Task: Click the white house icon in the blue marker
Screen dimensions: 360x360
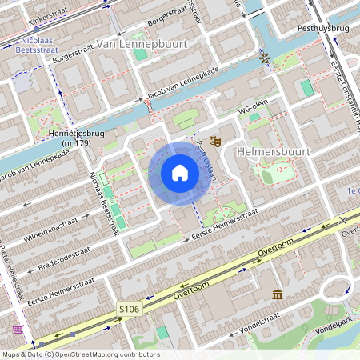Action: (x=180, y=173)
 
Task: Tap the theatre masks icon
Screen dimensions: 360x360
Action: (x=214, y=142)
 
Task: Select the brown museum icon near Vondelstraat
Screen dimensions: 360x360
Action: (x=277, y=295)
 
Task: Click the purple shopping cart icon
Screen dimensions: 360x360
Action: (x=18, y=329)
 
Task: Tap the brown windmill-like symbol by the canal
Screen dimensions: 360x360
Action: (x=265, y=59)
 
